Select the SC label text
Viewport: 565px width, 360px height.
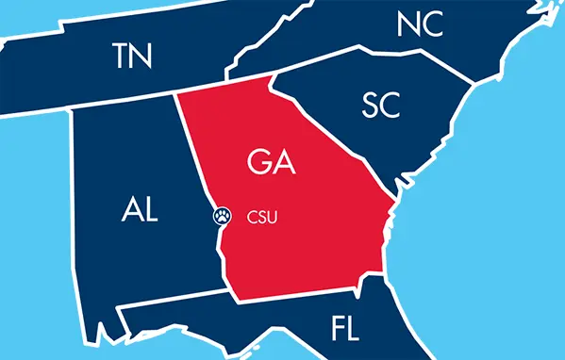click(x=381, y=106)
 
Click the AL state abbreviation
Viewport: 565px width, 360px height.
click(x=141, y=209)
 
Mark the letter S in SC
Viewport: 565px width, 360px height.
click(x=370, y=106)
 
